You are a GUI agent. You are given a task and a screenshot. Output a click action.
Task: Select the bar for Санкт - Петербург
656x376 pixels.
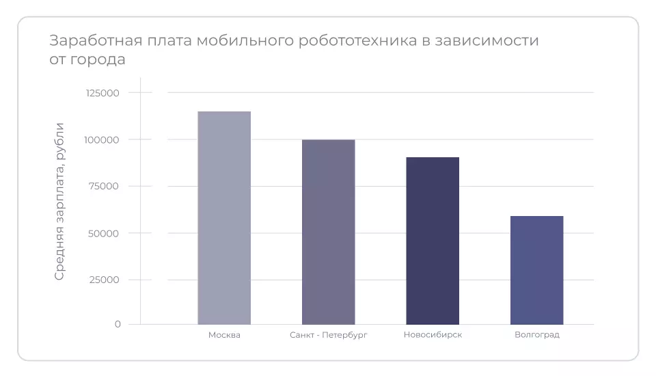tap(328, 232)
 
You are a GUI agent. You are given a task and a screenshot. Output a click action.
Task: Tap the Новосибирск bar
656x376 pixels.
tap(433, 241)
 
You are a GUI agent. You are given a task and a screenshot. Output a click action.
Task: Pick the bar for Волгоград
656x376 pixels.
tap(536, 270)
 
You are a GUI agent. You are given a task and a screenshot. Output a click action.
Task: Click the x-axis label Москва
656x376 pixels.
tap(224, 335)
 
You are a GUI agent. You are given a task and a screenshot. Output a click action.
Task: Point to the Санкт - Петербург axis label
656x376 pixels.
tap(329, 335)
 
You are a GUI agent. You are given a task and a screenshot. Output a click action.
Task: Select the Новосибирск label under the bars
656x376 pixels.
tap(433, 335)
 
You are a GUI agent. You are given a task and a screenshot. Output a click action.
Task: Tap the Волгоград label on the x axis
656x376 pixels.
tap(536, 335)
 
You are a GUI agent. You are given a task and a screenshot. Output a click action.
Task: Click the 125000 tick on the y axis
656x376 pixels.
tap(102, 93)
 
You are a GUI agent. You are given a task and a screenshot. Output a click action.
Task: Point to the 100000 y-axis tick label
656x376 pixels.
tap(102, 139)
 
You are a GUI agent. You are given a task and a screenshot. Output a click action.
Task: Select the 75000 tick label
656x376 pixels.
tap(105, 187)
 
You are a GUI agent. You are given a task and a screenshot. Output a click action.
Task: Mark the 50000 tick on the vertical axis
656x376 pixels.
tap(105, 233)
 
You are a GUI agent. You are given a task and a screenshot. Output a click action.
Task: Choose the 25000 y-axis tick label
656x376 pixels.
tap(105, 280)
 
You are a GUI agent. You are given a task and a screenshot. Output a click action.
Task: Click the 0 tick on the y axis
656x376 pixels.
tap(118, 324)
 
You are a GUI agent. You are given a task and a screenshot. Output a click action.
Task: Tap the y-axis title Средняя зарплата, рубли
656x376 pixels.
tap(60, 201)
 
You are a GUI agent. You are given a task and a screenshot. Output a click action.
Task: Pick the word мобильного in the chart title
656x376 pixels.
tap(246, 41)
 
